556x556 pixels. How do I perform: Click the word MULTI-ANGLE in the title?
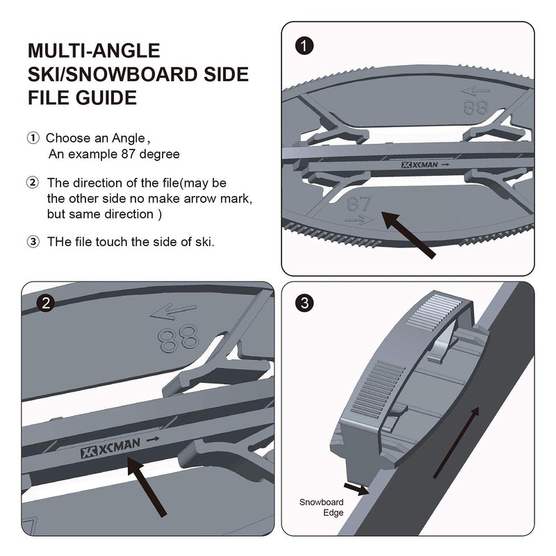click(94, 51)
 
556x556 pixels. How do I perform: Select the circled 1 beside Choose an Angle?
click(33, 138)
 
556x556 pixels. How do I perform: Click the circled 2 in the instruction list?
click(33, 183)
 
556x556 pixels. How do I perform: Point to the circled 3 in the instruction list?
click(33, 242)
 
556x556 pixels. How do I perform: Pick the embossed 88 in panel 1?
click(475, 108)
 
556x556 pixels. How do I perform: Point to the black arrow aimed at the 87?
click(410, 236)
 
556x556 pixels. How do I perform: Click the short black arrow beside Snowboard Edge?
click(357, 489)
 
